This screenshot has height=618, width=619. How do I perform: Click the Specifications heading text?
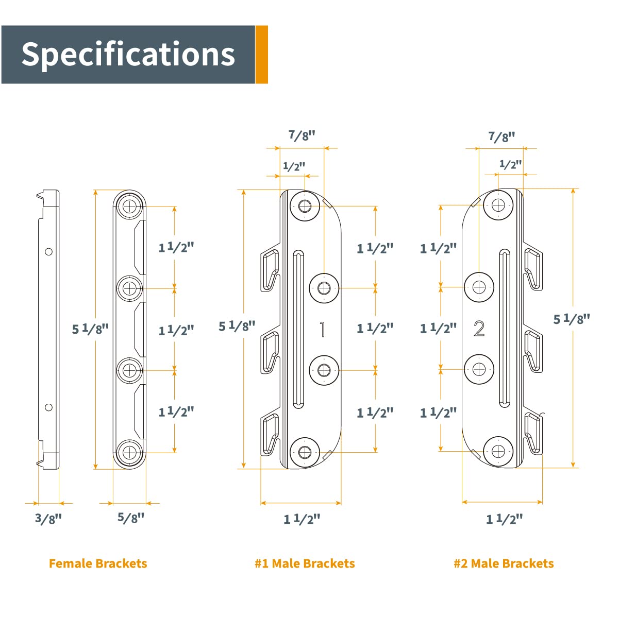point(128,54)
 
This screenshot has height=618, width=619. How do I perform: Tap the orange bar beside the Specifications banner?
point(262,55)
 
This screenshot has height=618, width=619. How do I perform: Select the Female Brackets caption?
point(98,563)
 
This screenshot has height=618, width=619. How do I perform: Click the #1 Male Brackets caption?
point(305,563)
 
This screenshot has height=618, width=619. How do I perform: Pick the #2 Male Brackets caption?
point(504,563)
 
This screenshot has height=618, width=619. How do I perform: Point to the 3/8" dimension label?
point(48,518)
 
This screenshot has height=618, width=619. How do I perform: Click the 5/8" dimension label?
point(131,518)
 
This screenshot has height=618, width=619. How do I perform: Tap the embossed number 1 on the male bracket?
point(323,329)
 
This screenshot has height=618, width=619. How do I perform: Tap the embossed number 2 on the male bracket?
point(479,329)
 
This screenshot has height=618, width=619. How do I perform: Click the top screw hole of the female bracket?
point(130,206)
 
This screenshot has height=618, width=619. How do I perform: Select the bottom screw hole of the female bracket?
point(130,452)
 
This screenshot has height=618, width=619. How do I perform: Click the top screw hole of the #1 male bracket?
point(305,207)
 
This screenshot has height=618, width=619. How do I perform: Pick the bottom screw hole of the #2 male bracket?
point(498,452)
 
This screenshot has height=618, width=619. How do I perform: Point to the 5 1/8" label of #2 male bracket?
point(572,319)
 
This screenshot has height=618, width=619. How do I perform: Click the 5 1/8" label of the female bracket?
point(90,329)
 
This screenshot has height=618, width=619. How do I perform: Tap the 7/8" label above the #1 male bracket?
point(302,135)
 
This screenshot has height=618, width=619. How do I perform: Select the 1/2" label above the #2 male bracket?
point(511,164)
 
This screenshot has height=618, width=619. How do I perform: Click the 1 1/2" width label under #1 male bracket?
point(302,519)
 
